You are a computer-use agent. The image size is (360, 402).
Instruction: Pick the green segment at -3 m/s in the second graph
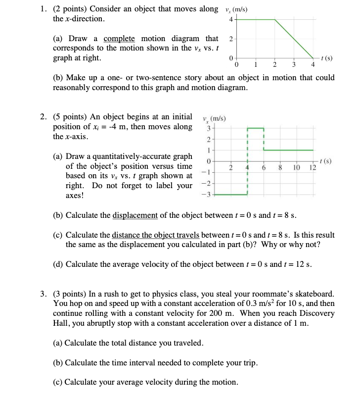pos(230,195)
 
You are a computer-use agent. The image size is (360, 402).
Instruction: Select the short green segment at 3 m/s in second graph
pos(255,128)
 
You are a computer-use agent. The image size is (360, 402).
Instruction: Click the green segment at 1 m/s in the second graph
pos(288,150)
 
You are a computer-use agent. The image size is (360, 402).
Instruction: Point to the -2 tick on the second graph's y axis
pos(209,184)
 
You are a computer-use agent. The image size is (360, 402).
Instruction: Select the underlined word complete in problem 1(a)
pos(120,39)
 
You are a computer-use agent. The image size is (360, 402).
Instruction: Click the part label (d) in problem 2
pos(58,263)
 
